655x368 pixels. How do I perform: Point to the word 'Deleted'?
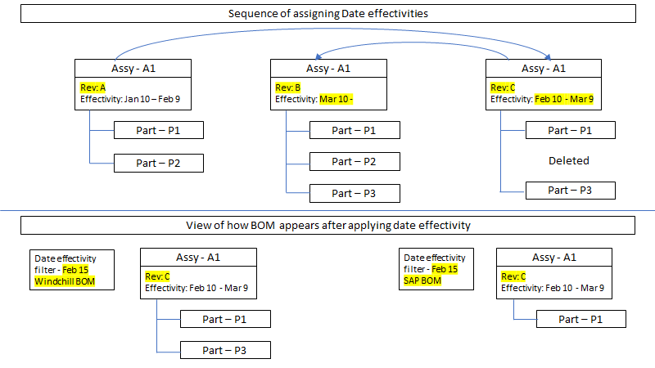(569, 160)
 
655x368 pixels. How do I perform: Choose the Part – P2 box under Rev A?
(158, 163)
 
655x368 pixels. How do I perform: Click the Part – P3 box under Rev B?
(354, 193)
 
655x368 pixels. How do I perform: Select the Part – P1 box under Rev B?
(354, 130)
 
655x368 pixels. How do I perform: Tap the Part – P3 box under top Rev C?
(570, 191)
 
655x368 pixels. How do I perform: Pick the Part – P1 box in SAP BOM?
(581, 319)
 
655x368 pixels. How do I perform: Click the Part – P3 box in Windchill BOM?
(225, 350)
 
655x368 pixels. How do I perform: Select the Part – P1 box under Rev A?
(158, 130)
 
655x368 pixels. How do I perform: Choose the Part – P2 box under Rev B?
(354, 162)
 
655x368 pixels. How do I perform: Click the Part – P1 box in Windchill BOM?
(225, 319)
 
